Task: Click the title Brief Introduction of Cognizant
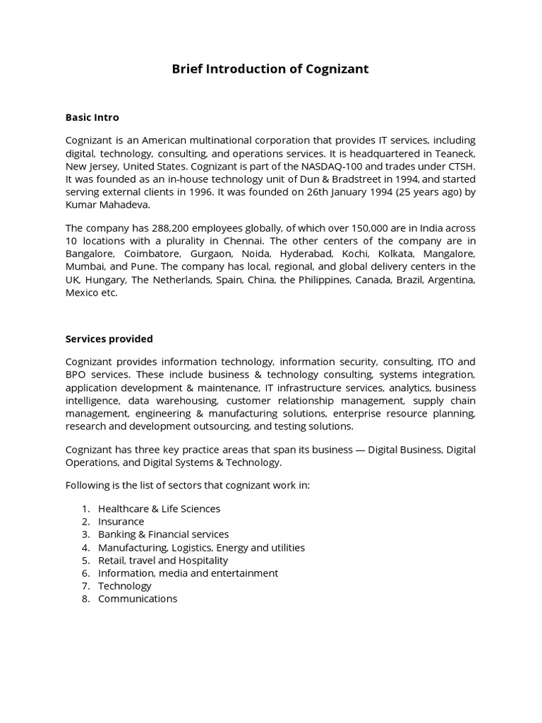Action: point(270,69)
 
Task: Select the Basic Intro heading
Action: point(92,117)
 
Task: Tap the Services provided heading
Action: point(109,339)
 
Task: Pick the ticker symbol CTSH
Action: point(460,166)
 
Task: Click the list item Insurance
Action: point(121,522)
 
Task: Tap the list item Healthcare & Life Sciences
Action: point(159,508)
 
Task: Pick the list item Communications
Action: point(138,599)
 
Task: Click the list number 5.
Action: point(85,560)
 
